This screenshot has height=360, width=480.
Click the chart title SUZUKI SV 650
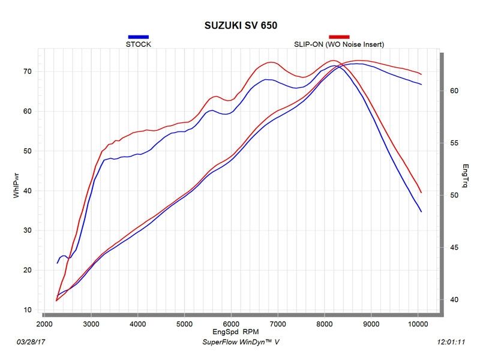(x=239, y=26)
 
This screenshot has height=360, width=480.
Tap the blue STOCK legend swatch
(x=138, y=37)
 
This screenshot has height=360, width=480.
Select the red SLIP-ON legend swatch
(x=339, y=37)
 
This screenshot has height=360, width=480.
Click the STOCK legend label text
(x=138, y=44)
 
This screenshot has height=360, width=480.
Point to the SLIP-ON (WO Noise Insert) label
(x=339, y=44)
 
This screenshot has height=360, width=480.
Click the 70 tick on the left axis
(x=28, y=71)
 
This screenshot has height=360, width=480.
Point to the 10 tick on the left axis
(x=28, y=310)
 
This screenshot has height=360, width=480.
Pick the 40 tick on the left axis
(x=28, y=191)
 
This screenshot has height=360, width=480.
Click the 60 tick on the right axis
(x=454, y=91)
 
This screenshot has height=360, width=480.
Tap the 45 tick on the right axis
(x=454, y=248)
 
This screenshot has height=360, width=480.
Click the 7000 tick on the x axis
(x=278, y=324)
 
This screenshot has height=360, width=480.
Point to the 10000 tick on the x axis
(x=418, y=324)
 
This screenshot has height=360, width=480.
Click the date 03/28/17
(x=31, y=342)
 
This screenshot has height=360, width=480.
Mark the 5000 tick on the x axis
(x=184, y=324)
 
